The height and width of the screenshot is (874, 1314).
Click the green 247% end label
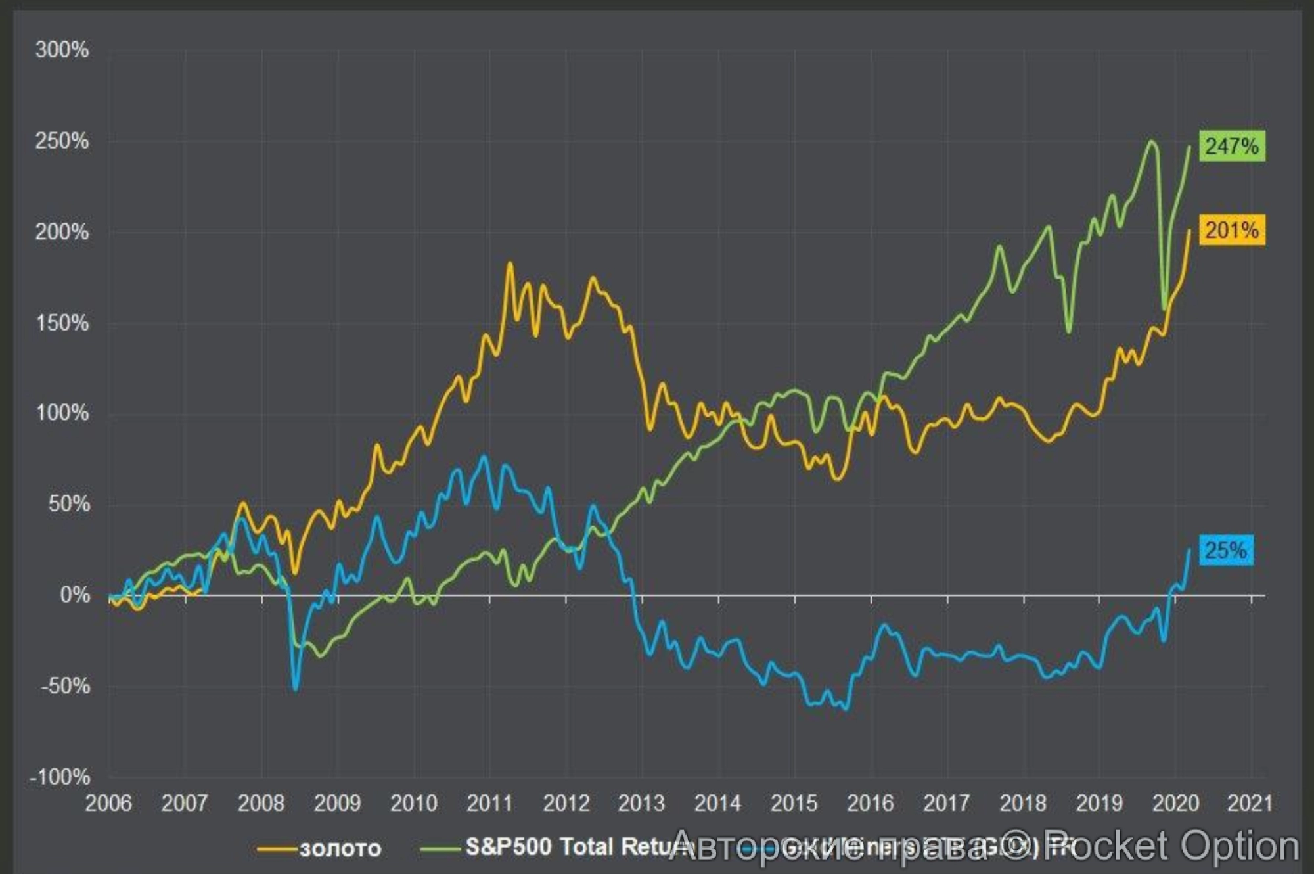[x=1231, y=146]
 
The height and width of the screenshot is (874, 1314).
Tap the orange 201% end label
[x=1231, y=231]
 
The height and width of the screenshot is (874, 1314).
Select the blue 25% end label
[x=1225, y=550]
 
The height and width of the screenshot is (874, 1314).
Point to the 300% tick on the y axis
[x=62, y=50]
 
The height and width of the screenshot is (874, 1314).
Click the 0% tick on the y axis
[x=74, y=595]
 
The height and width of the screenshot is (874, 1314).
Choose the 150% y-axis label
[x=62, y=323]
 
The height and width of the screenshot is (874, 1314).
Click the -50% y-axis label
[x=64, y=686]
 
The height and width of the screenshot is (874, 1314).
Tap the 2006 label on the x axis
[x=108, y=803]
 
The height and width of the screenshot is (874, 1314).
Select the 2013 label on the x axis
[x=641, y=803]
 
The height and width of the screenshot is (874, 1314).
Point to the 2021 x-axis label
[x=1250, y=803]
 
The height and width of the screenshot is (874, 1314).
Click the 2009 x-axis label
[x=337, y=803]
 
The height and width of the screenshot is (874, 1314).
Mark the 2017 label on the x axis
[x=946, y=803]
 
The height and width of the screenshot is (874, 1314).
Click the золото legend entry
[x=340, y=848]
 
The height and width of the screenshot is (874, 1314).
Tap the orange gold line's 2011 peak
[x=510, y=264]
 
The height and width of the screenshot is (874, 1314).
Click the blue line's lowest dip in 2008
[x=295, y=689]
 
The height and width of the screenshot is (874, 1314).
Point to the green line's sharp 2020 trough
[x=1164, y=309]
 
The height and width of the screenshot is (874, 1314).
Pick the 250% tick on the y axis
[x=62, y=141]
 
